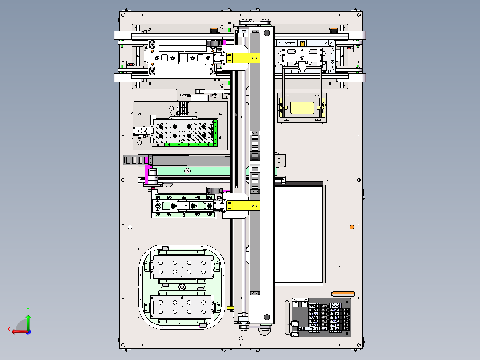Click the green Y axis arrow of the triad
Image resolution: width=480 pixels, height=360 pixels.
tap(28, 321)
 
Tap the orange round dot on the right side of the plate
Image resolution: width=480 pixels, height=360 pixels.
tap(352, 227)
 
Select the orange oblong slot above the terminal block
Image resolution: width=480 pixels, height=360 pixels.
tap(343, 294)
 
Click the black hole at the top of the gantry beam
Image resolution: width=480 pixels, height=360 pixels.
tap(267, 33)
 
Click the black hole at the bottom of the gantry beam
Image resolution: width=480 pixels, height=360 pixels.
tap(267, 317)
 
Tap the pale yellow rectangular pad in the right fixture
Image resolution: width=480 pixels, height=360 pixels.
tap(302, 108)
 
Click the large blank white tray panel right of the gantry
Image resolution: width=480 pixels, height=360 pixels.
tap(298, 234)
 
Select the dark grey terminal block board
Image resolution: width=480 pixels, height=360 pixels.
tap(321, 317)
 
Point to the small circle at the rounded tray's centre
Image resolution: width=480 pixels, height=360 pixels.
tap(182, 287)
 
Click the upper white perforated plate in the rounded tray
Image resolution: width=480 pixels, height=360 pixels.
tap(182, 267)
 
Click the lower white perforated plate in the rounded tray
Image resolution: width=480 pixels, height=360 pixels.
tap(182, 307)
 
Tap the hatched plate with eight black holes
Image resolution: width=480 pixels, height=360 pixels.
tap(183, 131)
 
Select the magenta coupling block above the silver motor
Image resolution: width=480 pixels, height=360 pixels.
tap(148, 175)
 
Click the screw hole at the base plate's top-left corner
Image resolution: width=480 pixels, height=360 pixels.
tap(123, 15)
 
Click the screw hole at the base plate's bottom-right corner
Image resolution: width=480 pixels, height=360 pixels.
tap(359, 345)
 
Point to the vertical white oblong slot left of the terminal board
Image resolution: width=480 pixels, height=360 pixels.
tap(287, 318)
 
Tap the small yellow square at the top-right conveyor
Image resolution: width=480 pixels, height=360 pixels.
tap(302, 44)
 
